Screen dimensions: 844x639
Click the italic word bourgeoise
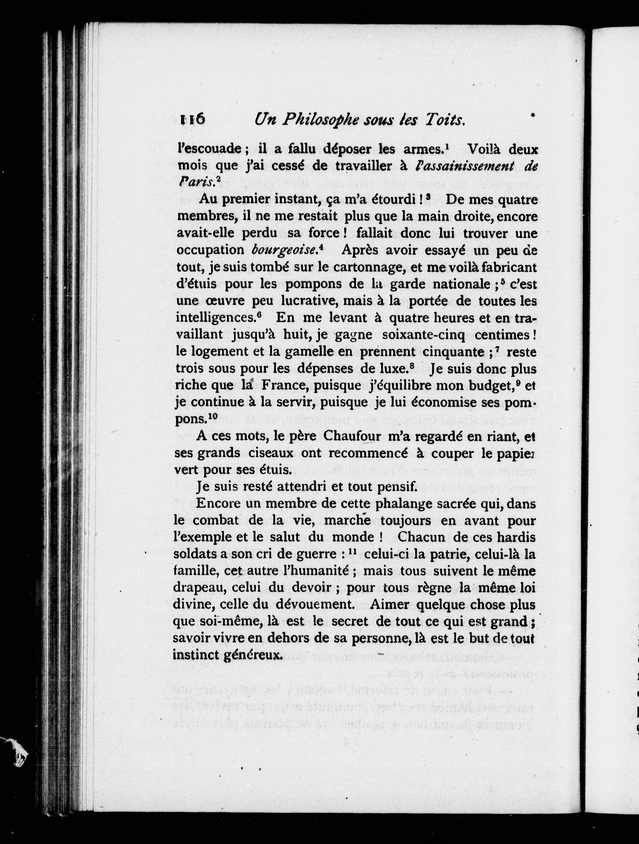tap(285, 249)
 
